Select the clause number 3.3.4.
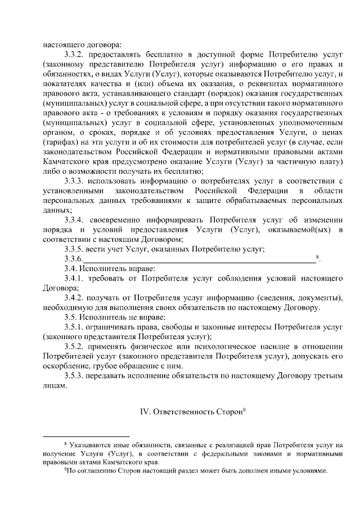pyautogui.click(x=76, y=219)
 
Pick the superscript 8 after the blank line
pyautogui.click(x=318, y=257)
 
